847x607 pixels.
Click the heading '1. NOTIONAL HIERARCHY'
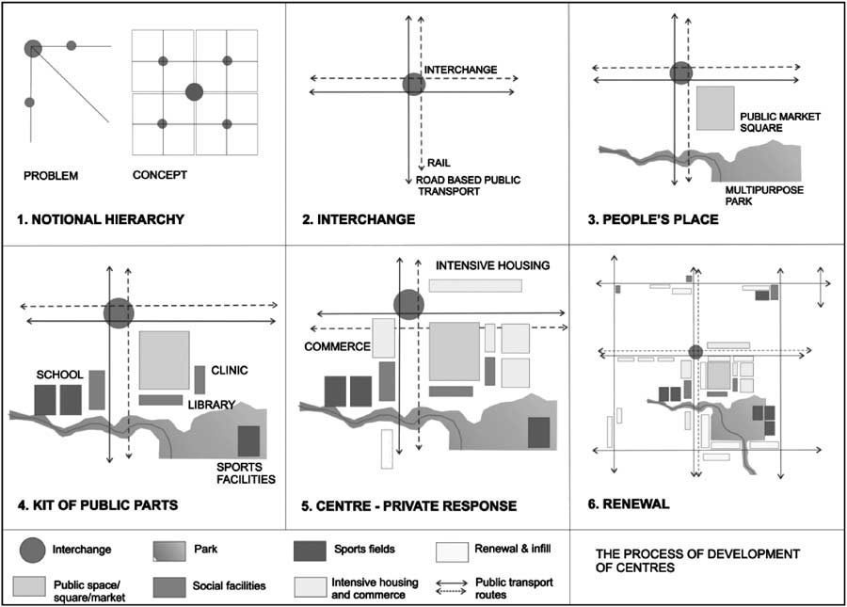coord(100,220)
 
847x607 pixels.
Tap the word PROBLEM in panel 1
coord(51,176)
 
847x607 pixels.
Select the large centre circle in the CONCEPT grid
coord(194,91)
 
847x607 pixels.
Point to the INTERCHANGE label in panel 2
coord(460,70)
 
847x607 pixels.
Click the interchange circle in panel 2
coord(414,85)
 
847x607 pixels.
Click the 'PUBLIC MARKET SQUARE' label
coord(780,122)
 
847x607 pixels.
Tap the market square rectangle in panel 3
coord(715,107)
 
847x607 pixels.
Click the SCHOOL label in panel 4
coord(58,375)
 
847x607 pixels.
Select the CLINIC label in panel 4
coord(230,370)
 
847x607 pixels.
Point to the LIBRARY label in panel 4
coord(211,405)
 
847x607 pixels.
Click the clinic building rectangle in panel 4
coord(200,380)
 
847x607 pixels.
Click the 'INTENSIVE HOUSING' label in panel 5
coord(492,265)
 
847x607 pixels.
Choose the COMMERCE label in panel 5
coord(337,346)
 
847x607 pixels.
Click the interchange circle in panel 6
coord(695,352)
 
